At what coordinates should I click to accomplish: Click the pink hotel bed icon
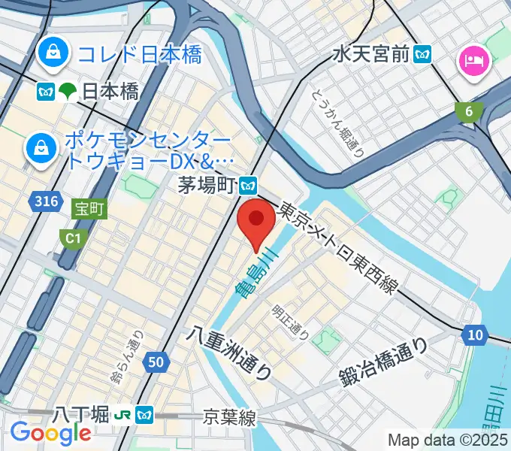click(x=475, y=59)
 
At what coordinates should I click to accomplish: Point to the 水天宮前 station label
click(x=373, y=54)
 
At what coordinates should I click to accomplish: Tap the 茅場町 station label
click(x=207, y=184)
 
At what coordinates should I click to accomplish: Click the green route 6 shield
click(x=470, y=112)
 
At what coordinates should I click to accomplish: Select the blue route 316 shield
click(x=47, y=201)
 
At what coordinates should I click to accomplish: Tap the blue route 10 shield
click(x=473, y=335)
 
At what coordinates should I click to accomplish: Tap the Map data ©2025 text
click(x=446, y=440)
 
